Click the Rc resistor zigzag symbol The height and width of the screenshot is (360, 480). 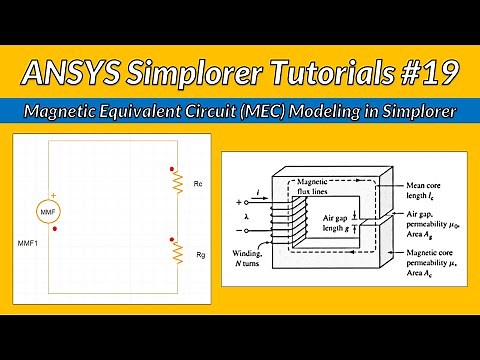point(177,186)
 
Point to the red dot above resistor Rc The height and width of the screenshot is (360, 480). point(172,168)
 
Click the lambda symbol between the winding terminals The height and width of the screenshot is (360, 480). point(247,215)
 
